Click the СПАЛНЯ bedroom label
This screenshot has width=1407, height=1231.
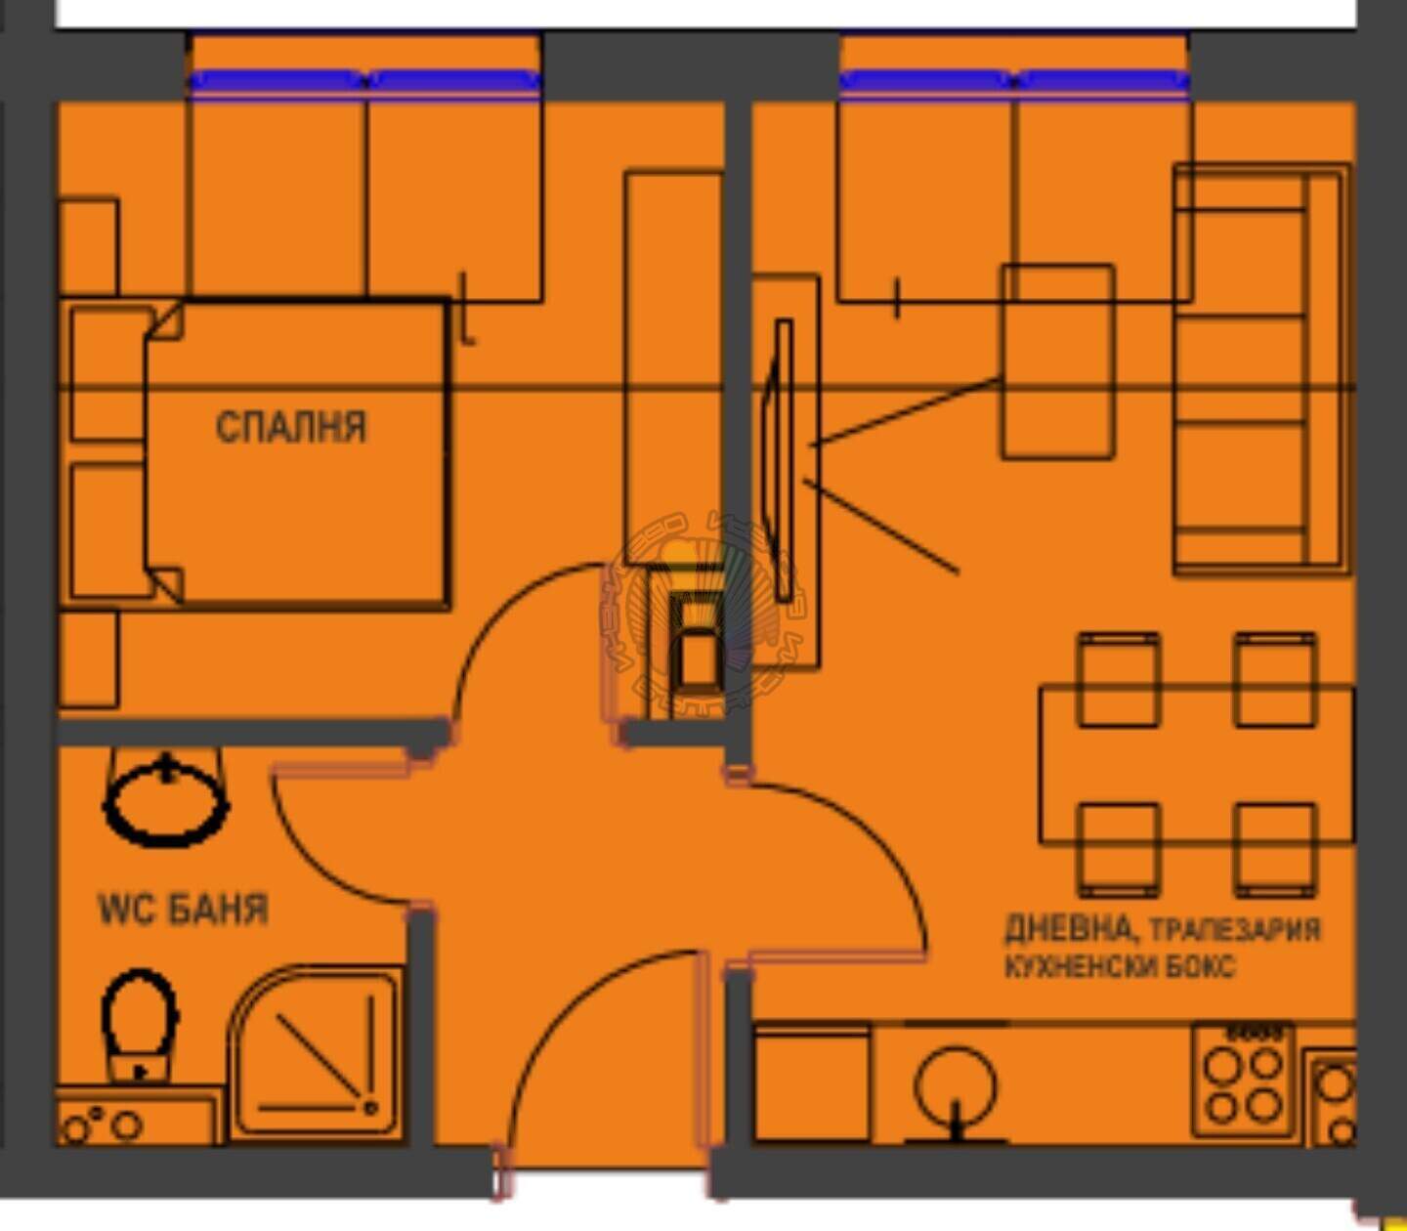coord(291,426)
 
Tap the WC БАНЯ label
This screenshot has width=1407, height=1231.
coord(184,910)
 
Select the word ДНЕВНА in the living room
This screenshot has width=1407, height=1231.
coord(1067,928)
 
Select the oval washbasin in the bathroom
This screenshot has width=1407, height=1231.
coord(166,801)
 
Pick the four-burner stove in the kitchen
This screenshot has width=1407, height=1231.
coord(1243,1082)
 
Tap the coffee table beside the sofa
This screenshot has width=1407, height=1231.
coord(1057,361)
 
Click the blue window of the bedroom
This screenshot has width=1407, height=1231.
coord(364,81)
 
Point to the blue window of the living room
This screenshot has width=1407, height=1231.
coord(1014,81)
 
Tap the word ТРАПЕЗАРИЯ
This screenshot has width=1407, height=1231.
coord(1235,930)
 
